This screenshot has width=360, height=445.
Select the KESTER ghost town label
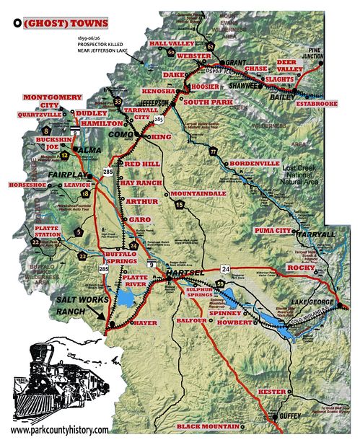(273, 391)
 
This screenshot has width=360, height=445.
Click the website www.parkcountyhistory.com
(60, 430)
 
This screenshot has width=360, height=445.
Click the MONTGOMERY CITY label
(48, 101)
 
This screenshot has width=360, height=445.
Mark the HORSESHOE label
(27, 185)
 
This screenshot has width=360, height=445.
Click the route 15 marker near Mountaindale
(178, 206)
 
